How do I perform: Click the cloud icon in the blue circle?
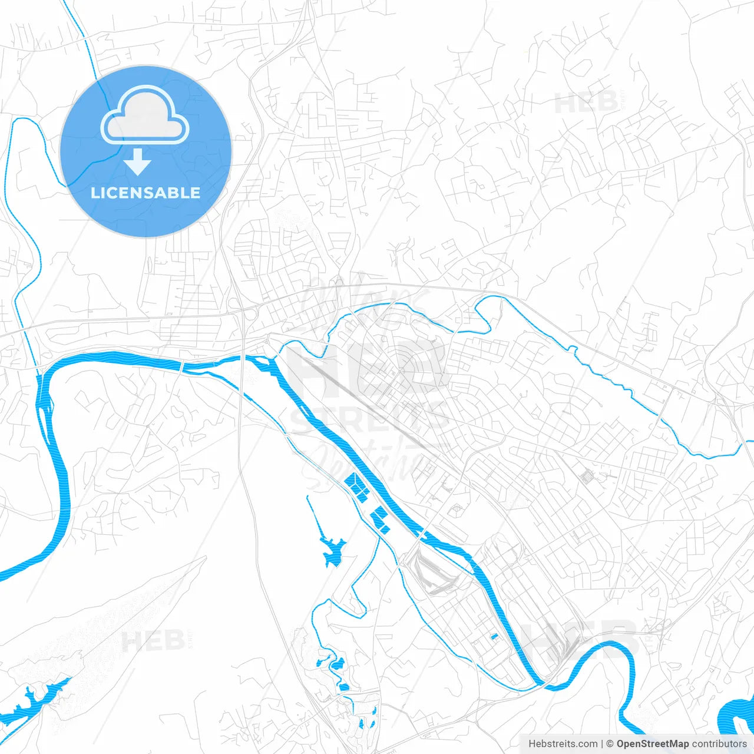tap(145, 116)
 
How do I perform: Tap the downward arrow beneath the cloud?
tap(138, 161)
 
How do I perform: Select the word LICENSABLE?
tap(145, 193)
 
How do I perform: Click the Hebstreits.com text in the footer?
tap(563, 744)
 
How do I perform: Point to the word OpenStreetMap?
tap(653, 744)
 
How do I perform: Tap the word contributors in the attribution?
tap(719, 744)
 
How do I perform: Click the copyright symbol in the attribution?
tap(610, 744)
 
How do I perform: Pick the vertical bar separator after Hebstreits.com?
tap(602, 744)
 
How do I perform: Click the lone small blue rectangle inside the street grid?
tap(494, 636)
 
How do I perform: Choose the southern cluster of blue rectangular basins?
tap(379, 520)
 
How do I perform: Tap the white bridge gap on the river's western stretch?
tap(182, 366)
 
